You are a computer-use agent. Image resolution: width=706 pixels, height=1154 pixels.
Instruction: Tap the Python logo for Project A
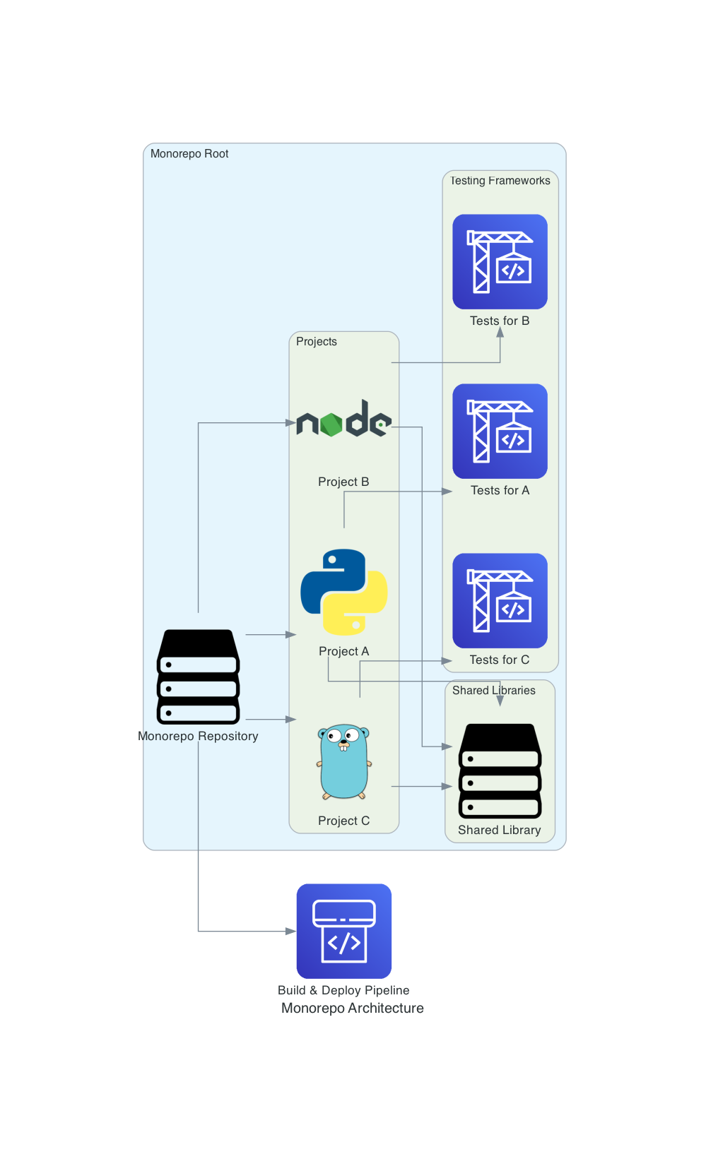(x=344, y=592)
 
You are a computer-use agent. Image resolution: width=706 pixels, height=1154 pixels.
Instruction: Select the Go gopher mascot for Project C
(x=344, y=761)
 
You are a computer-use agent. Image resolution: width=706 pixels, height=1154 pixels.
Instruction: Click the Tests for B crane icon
(x=500, y=261)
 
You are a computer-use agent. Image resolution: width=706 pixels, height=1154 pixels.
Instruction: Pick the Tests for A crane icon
(x=500, y=431)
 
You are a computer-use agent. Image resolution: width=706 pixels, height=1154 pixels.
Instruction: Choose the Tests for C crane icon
(x=500, y=600)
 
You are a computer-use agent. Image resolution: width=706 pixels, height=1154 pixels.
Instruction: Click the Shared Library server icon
(x=500, y=771)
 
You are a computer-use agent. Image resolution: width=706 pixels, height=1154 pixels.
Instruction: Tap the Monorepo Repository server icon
(x=198, y=677)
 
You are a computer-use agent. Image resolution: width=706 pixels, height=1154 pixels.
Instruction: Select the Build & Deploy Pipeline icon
(x=344, y=931)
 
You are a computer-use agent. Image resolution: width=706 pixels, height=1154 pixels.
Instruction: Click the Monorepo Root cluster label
(x=189, y=154)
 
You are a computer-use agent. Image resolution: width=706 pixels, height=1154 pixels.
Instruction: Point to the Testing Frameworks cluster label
(x=500, y=181)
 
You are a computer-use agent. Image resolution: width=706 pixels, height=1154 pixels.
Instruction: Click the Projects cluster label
(x=317, y=342)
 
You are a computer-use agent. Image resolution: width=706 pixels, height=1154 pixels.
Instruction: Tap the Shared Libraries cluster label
(x=494, y=691)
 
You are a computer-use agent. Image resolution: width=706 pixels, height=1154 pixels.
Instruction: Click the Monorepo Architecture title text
(x=353, y=1009)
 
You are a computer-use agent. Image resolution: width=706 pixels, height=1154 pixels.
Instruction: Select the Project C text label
(x=344, y=821)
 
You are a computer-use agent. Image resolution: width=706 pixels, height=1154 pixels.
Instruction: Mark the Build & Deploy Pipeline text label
(x=343, y=990)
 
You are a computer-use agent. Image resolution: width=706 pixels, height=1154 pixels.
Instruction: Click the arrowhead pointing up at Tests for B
(x=500, y=333)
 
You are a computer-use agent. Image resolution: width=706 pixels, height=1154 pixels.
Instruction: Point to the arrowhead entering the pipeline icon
(x=290, y=932)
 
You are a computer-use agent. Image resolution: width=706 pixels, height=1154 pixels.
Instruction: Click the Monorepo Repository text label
(x=198, y=736)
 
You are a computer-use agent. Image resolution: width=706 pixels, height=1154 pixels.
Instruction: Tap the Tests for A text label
(x=500, y=490)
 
